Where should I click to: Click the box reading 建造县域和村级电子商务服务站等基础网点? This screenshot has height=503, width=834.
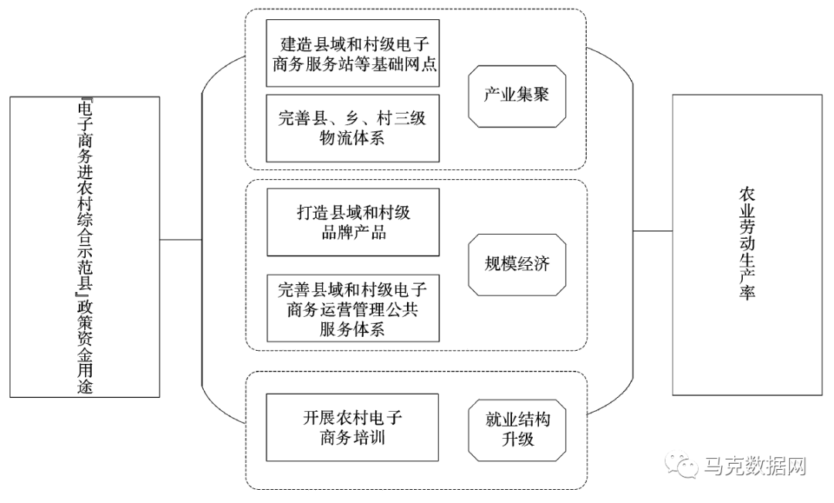tap(353, 53)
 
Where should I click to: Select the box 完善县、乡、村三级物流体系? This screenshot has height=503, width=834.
tap(353, 128)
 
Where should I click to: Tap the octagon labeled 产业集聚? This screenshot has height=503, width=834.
tap(517, 96)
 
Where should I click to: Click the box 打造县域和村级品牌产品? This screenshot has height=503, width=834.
tap(353, 222)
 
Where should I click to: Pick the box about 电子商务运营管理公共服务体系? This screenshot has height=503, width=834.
tap(353, 308)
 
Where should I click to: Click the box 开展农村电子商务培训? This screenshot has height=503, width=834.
tap(352, 428)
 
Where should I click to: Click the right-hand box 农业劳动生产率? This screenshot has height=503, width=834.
tap(747, 245)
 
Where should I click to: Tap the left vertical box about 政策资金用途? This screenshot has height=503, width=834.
tap(86, 247)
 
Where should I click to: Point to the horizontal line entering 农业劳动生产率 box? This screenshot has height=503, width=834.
tap(653, 230)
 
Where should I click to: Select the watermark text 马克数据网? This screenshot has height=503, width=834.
tap(755, 467)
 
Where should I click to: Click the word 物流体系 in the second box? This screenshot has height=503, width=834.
tap(352, 139)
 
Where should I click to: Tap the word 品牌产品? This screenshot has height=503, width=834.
tap(352, 232)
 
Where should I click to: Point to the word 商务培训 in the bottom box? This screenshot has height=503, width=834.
tap(352, 438)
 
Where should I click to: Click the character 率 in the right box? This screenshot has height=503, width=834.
tap(747, 294)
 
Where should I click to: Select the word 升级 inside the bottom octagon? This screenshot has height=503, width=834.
tap(517, 440)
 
